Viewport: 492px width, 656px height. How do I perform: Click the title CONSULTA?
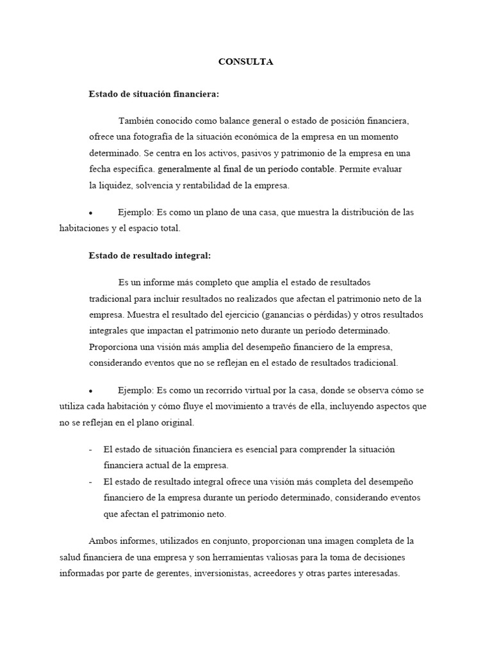click(x=245, y=61)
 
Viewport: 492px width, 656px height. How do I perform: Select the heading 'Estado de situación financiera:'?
click(x=154, y=94)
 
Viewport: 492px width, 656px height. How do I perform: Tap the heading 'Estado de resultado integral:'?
click(x=149, y=256)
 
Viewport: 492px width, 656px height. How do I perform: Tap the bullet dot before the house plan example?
click(x=92, y=213)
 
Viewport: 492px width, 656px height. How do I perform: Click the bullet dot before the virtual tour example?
click(x=92, y=391)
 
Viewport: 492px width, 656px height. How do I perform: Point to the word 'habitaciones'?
click(x=85, y=228)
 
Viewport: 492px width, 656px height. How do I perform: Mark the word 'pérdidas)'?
click(x=335, y=315)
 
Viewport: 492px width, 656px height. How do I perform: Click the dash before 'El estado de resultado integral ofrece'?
click(x=90, y=482)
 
